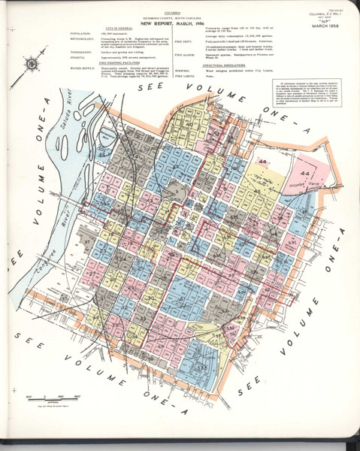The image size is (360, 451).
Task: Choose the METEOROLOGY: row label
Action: coord(84,39)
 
